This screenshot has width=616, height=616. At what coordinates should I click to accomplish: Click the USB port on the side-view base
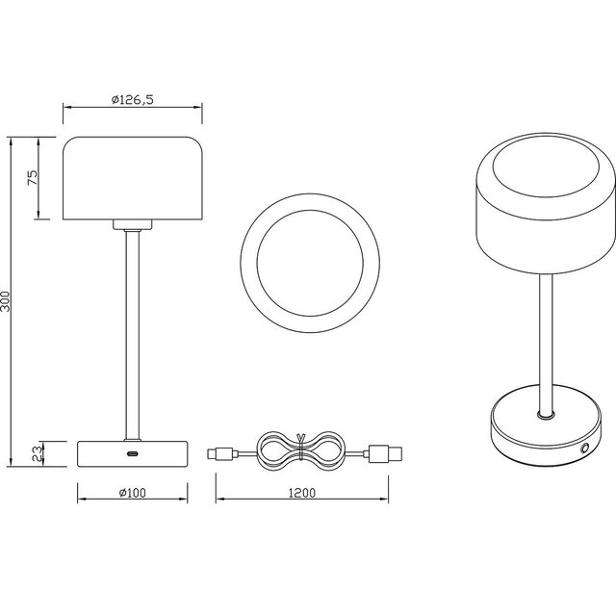pyautogui.click(x=132, y=453)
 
